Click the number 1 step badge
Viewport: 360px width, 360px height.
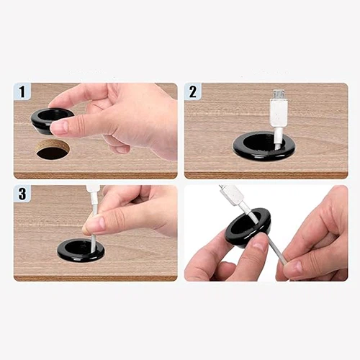point(23,92)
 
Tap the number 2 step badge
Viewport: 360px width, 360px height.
point(192,92)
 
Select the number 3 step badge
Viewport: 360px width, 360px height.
point(22,194)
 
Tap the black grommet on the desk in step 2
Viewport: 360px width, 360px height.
point(264,147)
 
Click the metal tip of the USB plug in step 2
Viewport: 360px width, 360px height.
point(278,94)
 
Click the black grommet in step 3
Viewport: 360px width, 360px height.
point(81,249)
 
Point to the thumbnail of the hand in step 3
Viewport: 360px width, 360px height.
point(94,224)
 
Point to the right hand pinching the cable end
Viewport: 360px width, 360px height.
point(317,241)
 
